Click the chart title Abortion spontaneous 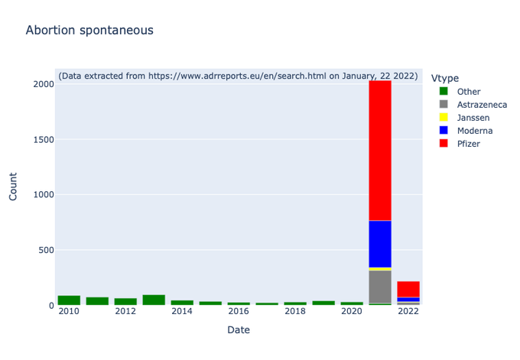pyautogui.click(x=89, y=31)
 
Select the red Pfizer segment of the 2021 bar pyautogui.click(x=380, y=151)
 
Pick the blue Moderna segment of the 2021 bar pyautogui.click(x=380, y=244)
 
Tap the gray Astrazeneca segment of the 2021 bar pyautogui.click(x=380, y=287)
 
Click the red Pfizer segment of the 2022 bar pyautogui.click(x=408, y=289)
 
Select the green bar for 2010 pyautogui.click(x=69, y=300)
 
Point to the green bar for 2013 pyautogui.click(x=154, y=300)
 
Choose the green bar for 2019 pyautogui.click(x=323, y=303)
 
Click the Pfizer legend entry pyautogui.click(x=460, y=144)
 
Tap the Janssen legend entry pyautogui.click(x=464, y=118)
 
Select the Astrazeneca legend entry pyautogui.click(x=473, y=105)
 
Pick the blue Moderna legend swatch pyautogui.click(x=444, y=130)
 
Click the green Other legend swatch pyautogui.click(x=444, y=91)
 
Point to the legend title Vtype pyautogui.click(x=445, y=78)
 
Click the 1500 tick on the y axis pyautogui.click(x=44, y=140)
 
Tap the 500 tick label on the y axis pyautogui.click(x=46, y=250)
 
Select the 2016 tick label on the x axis pyautogui.click(x=239, y=311)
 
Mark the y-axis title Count pyautogui.click(x=13, y=186)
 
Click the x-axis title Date pyautogui.click(x=239, y=330)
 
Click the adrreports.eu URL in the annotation pyautogui.click(x=237, y=76)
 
